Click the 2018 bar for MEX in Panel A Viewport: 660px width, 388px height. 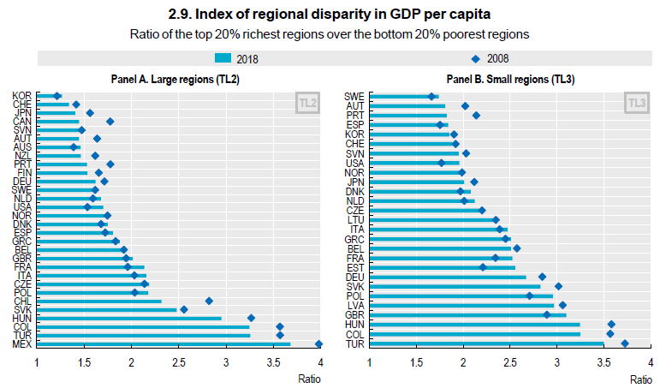164,343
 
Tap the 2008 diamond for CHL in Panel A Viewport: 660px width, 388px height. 209,301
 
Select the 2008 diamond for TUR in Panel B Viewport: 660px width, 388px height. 625,343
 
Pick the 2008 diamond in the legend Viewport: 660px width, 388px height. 475,58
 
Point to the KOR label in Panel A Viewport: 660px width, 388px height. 24,95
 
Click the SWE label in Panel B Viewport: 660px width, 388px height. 354,96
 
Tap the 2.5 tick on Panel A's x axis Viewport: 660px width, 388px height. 178,361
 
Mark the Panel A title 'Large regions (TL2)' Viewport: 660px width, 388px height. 175,78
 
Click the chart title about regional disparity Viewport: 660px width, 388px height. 330,15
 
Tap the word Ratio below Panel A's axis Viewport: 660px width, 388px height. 309,378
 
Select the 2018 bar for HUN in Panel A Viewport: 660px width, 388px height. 128,318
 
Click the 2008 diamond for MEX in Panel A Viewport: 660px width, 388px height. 319,343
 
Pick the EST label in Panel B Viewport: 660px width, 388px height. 354,266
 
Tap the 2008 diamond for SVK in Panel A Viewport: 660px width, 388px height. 184,309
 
